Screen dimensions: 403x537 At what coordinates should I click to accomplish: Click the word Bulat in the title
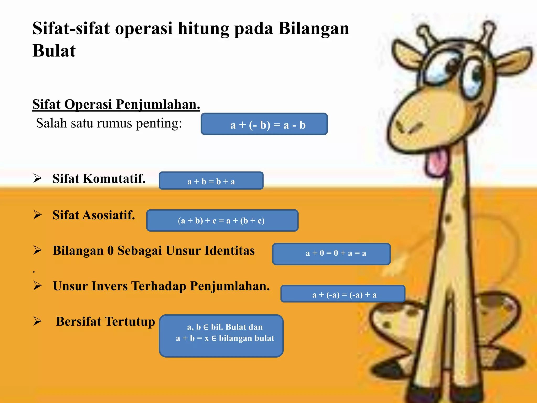[54, 50]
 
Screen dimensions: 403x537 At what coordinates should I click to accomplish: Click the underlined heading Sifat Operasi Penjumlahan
[116, 104]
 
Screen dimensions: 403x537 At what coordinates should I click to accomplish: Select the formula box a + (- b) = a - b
[264, 124]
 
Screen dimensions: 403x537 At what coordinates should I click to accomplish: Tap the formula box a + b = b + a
[211, 181]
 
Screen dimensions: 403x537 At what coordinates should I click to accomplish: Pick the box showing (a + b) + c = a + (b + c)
[222, 220]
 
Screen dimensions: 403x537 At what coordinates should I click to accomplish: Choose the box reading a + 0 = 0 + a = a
[331, 254]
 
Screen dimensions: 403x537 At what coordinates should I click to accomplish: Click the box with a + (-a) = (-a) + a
[343, 294]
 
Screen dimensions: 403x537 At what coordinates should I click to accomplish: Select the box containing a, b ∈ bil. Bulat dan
[221, 336]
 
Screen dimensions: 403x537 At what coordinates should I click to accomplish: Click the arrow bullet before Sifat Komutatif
[37, 178]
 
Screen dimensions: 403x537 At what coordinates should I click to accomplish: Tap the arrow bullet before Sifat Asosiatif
[37, 215]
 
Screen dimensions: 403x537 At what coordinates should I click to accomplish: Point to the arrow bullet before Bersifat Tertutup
[37, 321]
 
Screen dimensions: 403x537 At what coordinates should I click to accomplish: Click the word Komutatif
[114, 179]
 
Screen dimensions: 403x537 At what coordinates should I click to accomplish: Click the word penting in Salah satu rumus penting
[159, 123]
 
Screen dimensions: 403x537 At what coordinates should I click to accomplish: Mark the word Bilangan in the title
[314, 28]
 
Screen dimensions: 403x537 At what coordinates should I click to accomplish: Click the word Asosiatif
[109, 215]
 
